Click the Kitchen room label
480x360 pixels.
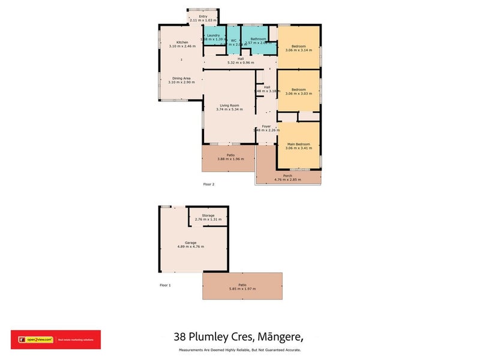(182, 42)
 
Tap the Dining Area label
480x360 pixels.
(182, 78)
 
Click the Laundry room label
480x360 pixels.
(213, 35)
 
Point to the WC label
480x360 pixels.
(233, 40)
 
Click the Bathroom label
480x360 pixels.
(259, 39)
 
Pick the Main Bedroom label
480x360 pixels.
(298, 144)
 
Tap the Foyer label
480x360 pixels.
(266, 126)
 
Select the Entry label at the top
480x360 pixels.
(202, 17)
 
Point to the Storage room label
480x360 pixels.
(208, 215)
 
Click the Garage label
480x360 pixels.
(191, 242)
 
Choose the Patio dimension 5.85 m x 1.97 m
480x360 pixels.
(242, 289)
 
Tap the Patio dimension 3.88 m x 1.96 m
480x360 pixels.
(230, 159)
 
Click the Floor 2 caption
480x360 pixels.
(209, 184)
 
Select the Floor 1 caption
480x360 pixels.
(165, 285)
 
